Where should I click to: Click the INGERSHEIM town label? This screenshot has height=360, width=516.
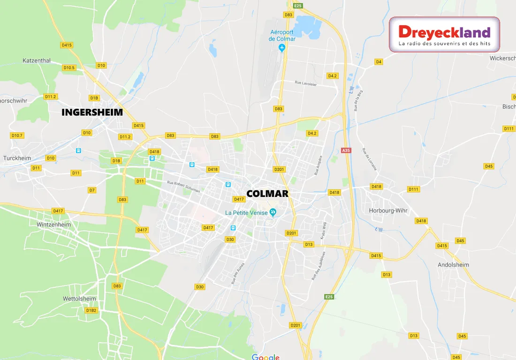(92, 112)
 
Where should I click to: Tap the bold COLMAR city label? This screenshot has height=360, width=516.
(267, 194)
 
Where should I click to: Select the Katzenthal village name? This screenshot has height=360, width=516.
(37, 60)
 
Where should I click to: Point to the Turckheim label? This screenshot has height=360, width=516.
(17, 158)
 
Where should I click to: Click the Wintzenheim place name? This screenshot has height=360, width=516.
(53, 225)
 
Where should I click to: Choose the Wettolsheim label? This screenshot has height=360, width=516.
(79, 299)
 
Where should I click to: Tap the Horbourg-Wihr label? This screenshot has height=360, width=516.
(388, 210)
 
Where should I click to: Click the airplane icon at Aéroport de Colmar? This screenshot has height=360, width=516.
(282, 48)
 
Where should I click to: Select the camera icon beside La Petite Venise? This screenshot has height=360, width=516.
(273, 213)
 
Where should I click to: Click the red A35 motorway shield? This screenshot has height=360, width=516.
(346, 150)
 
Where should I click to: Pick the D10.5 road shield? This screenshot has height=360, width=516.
(69, 67)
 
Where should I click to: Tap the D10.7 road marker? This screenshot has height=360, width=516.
(17, 135)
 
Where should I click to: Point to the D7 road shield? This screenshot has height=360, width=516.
(92, 190)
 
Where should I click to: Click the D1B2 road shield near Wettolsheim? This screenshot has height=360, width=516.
(91, 310)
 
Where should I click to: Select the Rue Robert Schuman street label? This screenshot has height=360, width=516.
(183, 187)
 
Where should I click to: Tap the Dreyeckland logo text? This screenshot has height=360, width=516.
(444, 32)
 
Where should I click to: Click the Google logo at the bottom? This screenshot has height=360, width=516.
(266, 357)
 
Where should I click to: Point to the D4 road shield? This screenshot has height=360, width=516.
(379, 62)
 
